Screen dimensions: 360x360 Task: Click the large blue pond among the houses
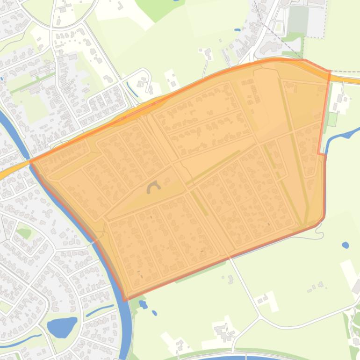click(62, 326)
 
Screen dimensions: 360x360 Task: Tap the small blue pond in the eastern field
click(345, 245)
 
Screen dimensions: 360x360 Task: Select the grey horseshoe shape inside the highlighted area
click(153, 188)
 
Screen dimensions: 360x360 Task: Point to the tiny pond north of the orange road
click(237, 30)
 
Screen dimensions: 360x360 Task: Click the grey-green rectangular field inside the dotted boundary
click(298, 20)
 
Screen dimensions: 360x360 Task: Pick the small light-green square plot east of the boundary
click(332, 119)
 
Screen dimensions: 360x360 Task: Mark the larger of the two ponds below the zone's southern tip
click(143, 305)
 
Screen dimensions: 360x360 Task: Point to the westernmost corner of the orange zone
click(31, 161)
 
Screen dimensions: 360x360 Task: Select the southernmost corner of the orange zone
click(125, 300)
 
